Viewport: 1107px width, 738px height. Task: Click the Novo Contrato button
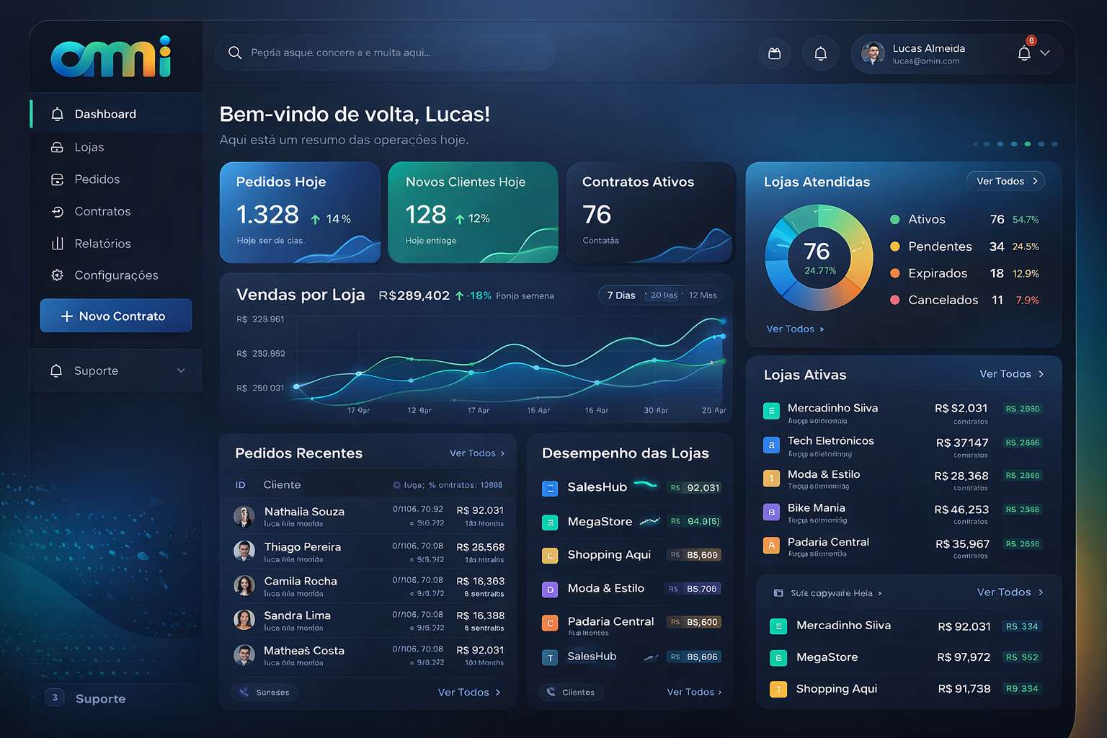coord(116,316)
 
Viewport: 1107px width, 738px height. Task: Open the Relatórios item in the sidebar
coord(102,244)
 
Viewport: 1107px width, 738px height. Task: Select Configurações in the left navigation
coord(115,275)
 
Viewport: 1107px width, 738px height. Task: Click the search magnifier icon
coord(235,53)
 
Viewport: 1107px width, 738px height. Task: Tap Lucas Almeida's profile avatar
coord(873,53)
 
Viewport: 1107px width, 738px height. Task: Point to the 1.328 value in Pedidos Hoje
coord(267,215)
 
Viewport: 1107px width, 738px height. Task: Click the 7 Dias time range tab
coord(621,295)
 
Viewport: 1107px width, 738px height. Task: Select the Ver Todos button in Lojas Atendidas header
coord(1005,182)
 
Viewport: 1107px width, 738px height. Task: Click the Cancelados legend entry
coord(943,300)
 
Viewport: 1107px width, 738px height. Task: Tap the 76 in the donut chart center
coord(817,252)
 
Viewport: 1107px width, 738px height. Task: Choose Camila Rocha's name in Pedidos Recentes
coord(301,581)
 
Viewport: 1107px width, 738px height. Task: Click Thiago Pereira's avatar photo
coord(244,551)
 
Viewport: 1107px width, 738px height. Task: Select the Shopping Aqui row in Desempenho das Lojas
coord(609,554)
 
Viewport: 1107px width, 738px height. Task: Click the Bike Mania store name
coord(816,508)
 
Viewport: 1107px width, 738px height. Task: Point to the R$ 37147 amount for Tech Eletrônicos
coord(961,443)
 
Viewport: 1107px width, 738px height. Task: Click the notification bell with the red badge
coord(1024,53)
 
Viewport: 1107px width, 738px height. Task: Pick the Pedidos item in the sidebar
coord(97,179)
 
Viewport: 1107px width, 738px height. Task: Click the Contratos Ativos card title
coord(638,182)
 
